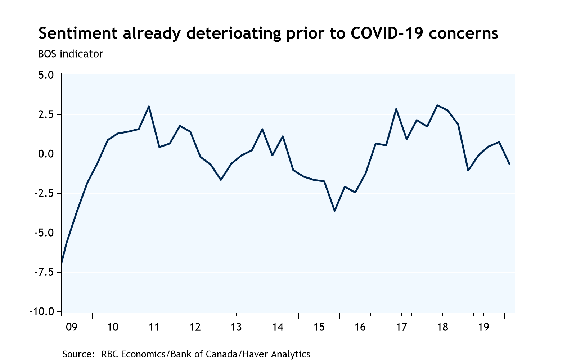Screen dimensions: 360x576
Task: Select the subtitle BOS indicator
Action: pos(70,54)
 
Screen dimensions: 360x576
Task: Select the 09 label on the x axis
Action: pos(71,327)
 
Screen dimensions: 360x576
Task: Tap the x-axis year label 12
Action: pos(195,327)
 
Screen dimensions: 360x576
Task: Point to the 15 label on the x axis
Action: pos(319,327)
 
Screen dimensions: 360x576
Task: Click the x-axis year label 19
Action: pos(483,327)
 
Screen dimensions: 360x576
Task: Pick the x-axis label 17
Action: pos(401,327)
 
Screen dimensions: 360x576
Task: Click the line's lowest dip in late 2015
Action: pos(334,211)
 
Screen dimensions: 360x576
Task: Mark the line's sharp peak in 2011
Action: pos(149,107)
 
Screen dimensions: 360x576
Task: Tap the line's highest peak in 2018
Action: pos(437,105)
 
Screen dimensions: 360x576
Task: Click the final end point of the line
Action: pos(509,165)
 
